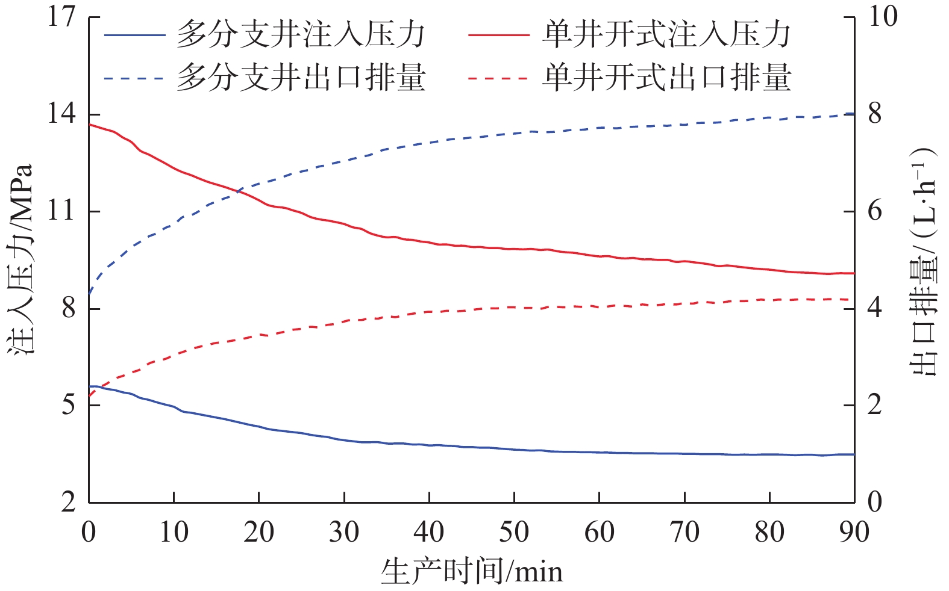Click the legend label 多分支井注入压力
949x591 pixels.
pyautogui.click(x=301, y=36)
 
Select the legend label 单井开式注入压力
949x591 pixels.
pyautogui.click(x=666, y=36)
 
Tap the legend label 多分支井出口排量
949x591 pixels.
pyautogui.click(x=301, y=78)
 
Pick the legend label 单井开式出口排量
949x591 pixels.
pyautogui.click(x=666, y=78)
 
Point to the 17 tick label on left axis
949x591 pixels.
pyautogui.click(x=62, y=17)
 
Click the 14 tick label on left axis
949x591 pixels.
pyautogui.click(x=62, y=114)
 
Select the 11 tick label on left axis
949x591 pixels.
pyautogui.click(x=62, y=211)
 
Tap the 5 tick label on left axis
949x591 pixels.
pyautogui.click(x=68, y=405)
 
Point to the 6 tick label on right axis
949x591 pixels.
pyautogui.click(x=875, y=211)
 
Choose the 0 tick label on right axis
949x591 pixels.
pyautogui.click(x=875, y=502)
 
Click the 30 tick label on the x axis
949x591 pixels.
pyautogui.click(x=344, y=533)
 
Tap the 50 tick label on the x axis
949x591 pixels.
pyautogui.click(x=514, y=533)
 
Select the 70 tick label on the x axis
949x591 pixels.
pyautogui.click(x=684, y=533)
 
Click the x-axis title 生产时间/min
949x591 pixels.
pyautogui.click(x=472, y=571)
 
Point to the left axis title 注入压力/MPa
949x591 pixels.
pyautogui.click(x=21, y=259)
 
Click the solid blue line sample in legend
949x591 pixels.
pyautogui.click(x=134, y=36)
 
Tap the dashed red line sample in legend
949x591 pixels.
pyautogui.click(x=498, y=78)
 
